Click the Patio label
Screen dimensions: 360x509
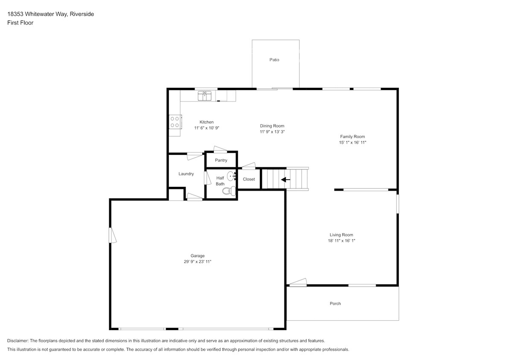tap(274, 60)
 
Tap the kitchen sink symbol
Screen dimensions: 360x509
tap(204, 96)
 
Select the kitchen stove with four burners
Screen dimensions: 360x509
tap(175, 122)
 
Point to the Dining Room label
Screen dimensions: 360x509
tap(272, 126)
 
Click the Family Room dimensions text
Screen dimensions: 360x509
tap(352, 142)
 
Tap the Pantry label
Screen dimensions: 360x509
tap(221, 160)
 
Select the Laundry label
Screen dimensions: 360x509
tap(186, 174)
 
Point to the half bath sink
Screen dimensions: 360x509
tap(231, 176)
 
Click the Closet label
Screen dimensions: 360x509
tap(249, 179)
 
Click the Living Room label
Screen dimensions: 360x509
tap(341, 235)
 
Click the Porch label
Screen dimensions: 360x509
tap(335, 304)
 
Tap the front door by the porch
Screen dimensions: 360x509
tap(297, 282)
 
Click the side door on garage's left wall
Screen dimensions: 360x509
tap(112, 235)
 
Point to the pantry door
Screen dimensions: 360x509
tap(221, 150)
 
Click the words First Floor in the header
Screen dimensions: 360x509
tap(20, 23)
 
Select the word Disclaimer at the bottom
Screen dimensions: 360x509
tap(17, 341)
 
